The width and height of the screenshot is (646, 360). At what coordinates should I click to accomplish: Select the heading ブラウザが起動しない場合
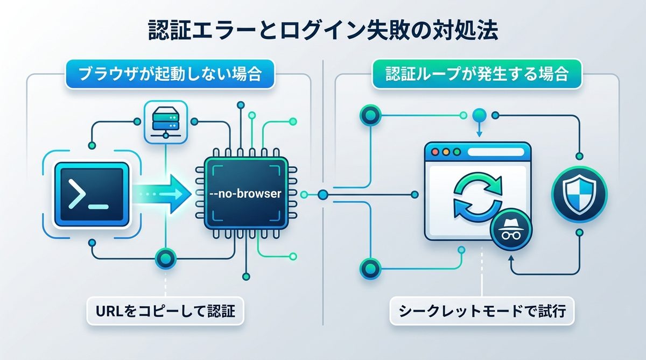[169, 74]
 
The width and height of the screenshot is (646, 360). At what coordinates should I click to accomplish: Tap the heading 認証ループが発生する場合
[477, 74]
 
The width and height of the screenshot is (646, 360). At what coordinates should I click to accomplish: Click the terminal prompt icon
[92, 194]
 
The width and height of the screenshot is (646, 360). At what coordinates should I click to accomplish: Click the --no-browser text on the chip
[245, 194]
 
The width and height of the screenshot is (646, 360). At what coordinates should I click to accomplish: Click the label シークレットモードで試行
[482, 310]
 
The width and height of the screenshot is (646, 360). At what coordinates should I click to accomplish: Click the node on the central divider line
[323, 194]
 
